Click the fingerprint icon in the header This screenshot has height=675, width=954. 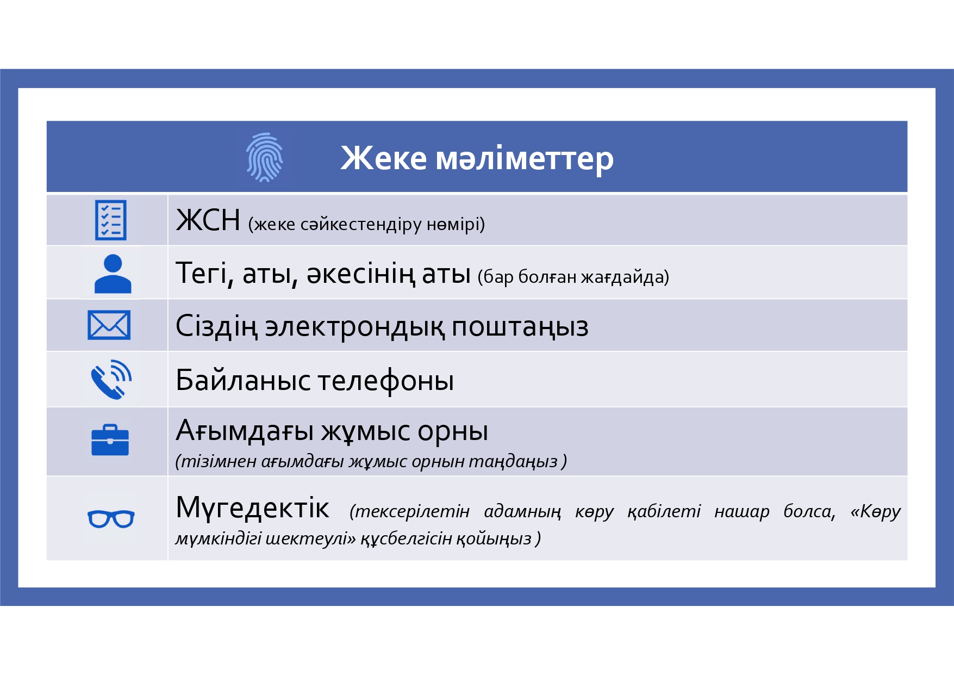[265, 157]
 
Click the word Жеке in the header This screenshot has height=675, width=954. [384, 158]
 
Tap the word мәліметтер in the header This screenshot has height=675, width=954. [525, 159]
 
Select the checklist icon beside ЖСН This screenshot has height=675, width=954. [111, 220]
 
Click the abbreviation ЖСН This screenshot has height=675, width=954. [208, 220]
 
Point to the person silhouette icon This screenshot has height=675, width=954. [113, 274]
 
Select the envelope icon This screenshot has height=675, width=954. [109, 325]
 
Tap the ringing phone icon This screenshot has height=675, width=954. [111, 379]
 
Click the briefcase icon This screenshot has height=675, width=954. [110, 439]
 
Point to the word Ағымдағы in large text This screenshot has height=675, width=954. [245, 431]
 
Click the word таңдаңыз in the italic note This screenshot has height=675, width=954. [513, 461]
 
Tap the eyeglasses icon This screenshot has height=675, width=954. [111, 519]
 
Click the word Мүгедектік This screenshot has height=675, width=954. [252, 508]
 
